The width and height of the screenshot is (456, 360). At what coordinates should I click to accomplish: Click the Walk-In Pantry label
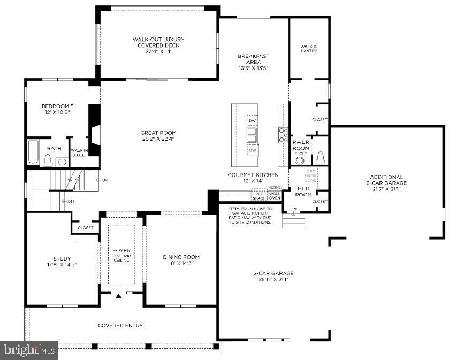coord(309,49)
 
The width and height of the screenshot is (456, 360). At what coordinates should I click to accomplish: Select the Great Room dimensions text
coord(158,139)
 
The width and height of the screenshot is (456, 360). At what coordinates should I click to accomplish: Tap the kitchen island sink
coord(252,135)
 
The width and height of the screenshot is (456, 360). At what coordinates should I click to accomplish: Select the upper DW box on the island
coord(252,121)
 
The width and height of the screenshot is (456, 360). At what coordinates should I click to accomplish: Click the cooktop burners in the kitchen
coord(283,135)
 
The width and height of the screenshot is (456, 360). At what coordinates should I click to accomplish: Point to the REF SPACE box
coord(259,196)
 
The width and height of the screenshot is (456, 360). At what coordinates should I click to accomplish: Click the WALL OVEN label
coord(275,196)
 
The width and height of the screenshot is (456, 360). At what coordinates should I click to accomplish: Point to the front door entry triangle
coord(119,295)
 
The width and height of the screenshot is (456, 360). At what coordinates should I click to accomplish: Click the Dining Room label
coord(181,257)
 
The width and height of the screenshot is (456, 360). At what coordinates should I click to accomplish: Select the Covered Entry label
coord(120,325)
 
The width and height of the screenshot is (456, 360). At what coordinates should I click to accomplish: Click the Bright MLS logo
coord(29,350)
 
